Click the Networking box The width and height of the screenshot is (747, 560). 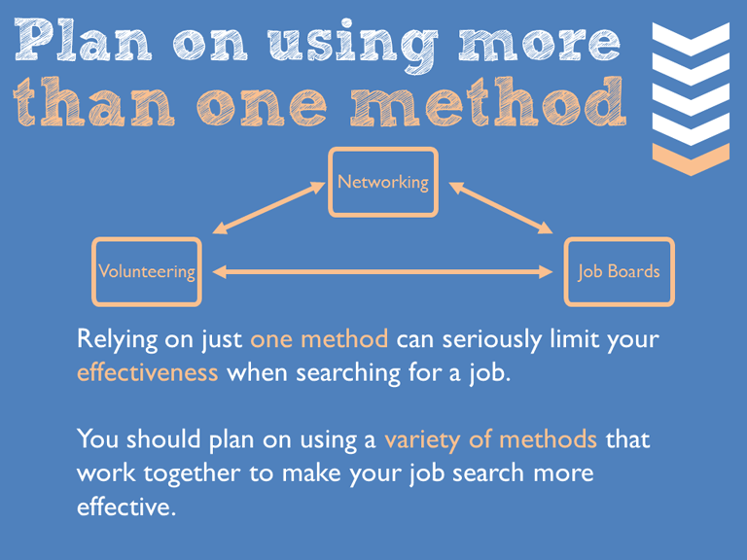coord(382,182)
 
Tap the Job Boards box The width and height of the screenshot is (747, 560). coord(619,271)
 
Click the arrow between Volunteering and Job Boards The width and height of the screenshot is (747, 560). coord(382,272)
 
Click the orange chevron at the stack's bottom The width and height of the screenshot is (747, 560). coord(690,157)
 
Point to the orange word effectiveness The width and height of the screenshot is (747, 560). coord(147,372)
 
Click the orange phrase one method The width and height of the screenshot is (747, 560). coord(319,339)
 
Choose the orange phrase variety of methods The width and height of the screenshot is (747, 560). coord(490,438)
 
